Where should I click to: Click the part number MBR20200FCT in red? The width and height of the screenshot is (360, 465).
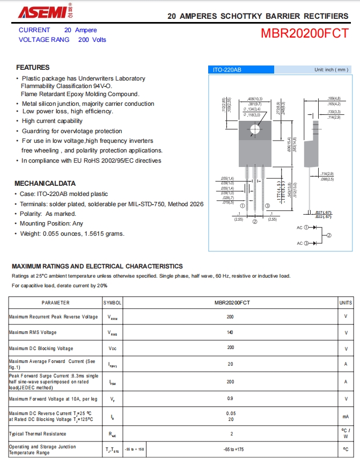304,34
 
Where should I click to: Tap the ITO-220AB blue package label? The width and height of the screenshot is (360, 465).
227,70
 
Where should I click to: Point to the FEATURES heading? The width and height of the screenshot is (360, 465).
33,68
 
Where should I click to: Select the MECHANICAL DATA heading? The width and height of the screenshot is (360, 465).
45,183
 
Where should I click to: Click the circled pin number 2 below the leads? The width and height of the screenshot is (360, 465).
255,221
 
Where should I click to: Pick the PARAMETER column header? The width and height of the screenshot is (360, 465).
55,303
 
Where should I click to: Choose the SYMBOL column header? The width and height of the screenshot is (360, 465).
113,303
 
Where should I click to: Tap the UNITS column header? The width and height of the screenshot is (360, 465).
346,303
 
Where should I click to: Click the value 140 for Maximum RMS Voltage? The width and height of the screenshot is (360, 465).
231,332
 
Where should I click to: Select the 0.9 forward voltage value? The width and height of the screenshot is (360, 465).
231,398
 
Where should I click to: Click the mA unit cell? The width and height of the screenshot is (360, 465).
346,416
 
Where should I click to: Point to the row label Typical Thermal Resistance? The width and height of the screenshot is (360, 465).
38,433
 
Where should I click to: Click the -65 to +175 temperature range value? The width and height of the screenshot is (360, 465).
232,449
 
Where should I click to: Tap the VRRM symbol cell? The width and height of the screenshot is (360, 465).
113,317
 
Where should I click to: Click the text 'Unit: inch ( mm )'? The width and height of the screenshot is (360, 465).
331,70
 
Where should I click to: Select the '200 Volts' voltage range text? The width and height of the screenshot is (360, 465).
92,40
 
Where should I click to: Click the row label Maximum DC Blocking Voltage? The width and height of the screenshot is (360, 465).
41,348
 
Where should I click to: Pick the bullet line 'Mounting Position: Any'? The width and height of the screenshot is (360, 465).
52,223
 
